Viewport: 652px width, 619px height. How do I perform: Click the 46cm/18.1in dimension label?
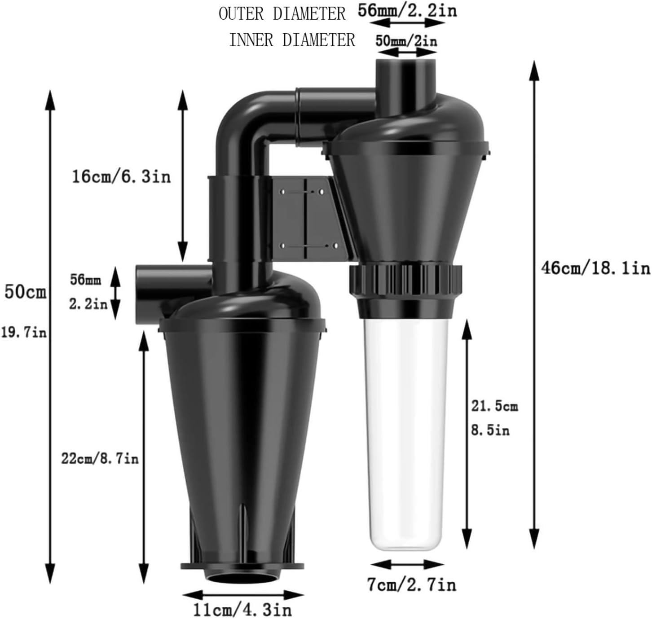pos(595,268)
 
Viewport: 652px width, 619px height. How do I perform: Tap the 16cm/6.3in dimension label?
pos(122,176)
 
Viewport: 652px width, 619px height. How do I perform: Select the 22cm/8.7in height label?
pos(100,459)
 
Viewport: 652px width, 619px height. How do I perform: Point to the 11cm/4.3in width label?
pos(242,610)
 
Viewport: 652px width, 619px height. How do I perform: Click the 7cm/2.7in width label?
pos(411,584)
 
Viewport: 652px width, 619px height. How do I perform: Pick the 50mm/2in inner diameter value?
pos(406,41)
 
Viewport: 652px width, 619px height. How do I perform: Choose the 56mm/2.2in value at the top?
pos(407,11)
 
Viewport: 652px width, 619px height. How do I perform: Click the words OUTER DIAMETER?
pos(282,14)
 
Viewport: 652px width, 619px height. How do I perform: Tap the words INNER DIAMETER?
pos(292,40)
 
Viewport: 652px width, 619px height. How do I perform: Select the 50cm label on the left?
pos(25,292)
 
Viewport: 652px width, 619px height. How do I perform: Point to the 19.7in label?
pos(23,333)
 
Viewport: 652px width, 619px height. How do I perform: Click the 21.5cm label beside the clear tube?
pos(494,406)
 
